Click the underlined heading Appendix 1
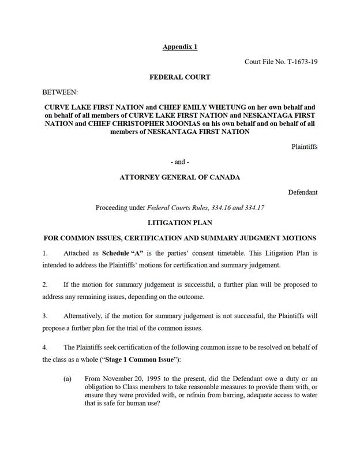179,46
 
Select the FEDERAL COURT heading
179,77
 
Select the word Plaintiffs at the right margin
304,147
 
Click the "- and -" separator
179,162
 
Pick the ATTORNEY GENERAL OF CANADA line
179,177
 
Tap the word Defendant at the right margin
303,192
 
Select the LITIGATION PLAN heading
179,223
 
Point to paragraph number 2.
45,285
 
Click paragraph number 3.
45,316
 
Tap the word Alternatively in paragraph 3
82,316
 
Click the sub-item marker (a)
67,379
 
